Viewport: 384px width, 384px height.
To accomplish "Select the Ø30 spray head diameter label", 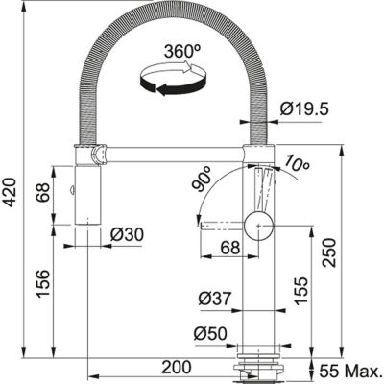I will pos(127,234).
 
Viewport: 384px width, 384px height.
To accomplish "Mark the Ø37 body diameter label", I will pos(216,297).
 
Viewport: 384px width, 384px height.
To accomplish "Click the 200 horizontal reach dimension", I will pos(175,365).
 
